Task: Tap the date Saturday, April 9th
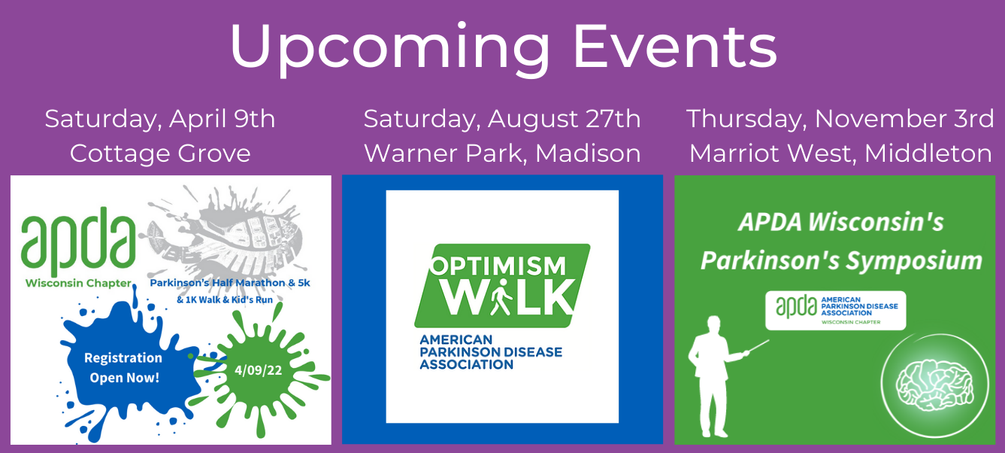tap(159, 120)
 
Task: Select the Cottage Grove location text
tap(160, 154)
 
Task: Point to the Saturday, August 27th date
tap(502, 120)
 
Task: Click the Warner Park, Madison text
tap(502, 154)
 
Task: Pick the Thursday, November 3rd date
tap(840, 120)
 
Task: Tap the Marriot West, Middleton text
tap(840, 154)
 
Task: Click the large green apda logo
tap(79, 241)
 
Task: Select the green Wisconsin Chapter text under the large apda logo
tap(78, 283)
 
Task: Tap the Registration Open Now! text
tap(124, 368)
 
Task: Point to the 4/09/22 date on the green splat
tap(258, 370)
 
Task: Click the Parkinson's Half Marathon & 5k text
tap(230, 283)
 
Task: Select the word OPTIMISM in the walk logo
tap(498, 266)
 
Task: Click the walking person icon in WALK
tap(501, 296)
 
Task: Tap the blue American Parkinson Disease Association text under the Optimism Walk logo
tap(490, 352)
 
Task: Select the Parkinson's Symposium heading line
tap(841, 261)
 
